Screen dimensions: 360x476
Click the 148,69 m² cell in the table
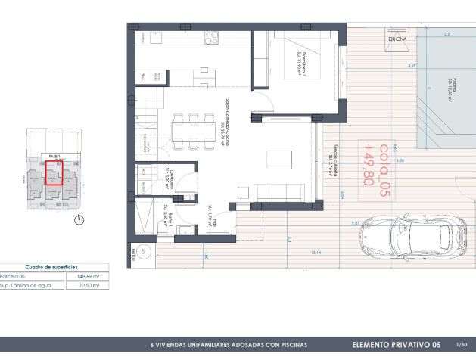[x=89, y=276]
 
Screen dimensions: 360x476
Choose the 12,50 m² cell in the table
[x=90, y=286]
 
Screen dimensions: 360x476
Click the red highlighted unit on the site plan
[x=54, y=176]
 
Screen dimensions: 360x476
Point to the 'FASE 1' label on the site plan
[x=54, y=155]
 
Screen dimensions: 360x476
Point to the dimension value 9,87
[x=355, y=224]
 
